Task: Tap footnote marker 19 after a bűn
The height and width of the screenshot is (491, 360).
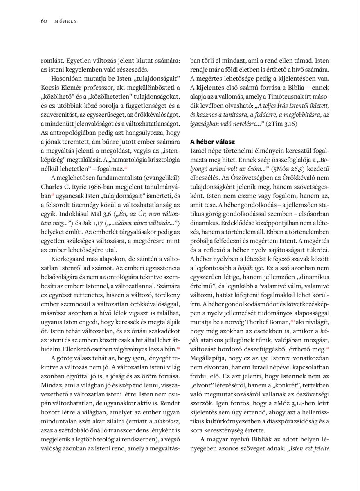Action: (x=178, y=348)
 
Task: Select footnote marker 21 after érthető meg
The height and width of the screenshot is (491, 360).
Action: (x=327, y=348)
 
